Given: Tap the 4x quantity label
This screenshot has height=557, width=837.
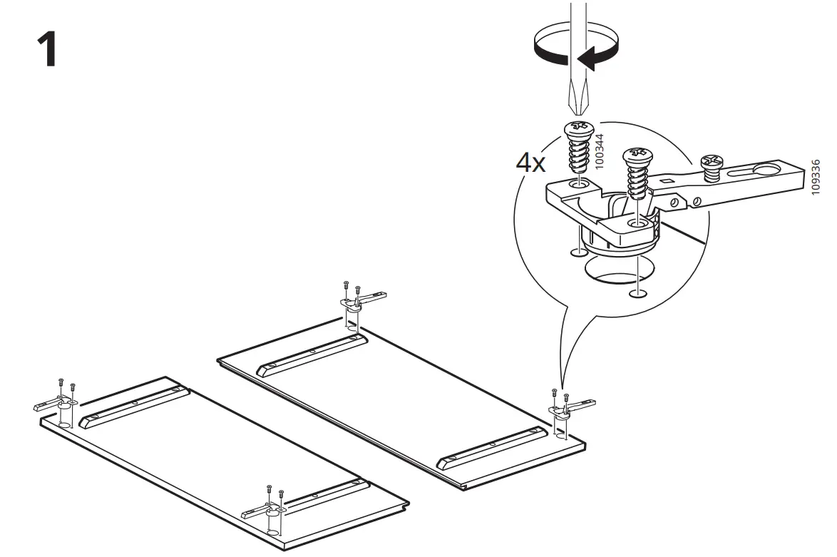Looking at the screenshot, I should [530, 163].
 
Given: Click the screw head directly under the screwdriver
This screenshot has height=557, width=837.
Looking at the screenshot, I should [579, 129].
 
